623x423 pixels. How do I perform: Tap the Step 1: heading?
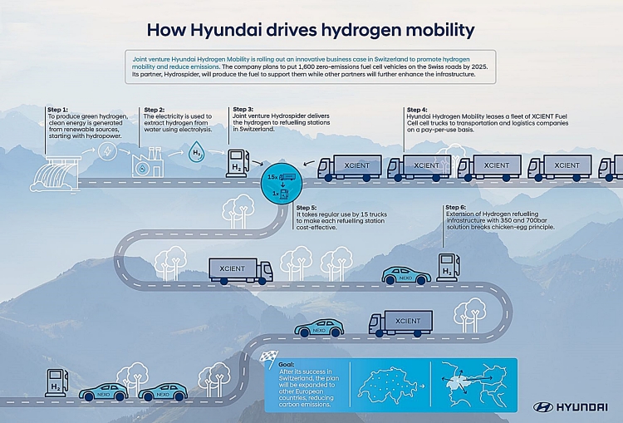click(x=57, y=110)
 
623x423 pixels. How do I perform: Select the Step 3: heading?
click(x=243, y=110)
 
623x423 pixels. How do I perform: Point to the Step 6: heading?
click(x=456, y=208)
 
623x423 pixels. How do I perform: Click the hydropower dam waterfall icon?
click(x=55, y=174)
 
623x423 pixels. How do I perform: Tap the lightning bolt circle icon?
click(x=107, y=151)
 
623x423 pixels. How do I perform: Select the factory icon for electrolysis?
click(x=148, y=162)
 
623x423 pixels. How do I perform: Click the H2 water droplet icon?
click(x=196, y=151)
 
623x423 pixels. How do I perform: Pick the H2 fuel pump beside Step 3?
click(x=238, y=164)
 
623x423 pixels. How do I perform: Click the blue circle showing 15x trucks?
click(x=282, y=184)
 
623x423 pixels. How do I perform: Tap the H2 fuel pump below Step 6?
click(x=448, y=267)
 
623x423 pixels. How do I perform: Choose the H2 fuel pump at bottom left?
click(x=56, y=383)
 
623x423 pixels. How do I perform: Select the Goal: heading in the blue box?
click(x=286, y=365)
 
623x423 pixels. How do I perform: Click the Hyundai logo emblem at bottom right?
click(x=543, y=407)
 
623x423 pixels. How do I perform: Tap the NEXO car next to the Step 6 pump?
click(x=406, y=275)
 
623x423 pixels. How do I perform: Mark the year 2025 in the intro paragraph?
click(x=480, y=66)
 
